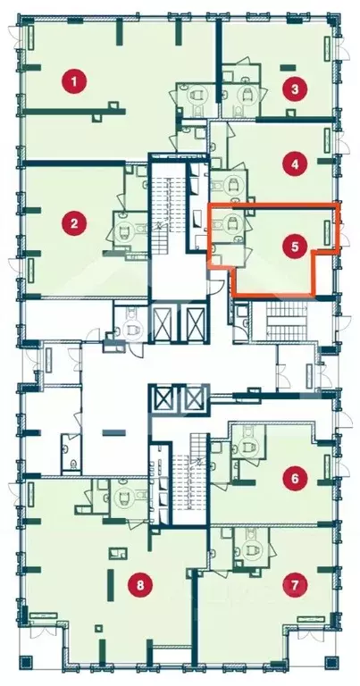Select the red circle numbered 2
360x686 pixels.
pyautogui.click(x=74, y=224)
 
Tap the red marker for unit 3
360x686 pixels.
pyautogui.click(x=295, y=89)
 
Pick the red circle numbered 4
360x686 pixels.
pyautogui.click(x=295, y=164)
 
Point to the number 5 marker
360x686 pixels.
pyautogui.click(x=295, y=247)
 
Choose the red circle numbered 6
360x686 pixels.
pyautogui.click(x=295, y=478)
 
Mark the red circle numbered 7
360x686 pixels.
pyautogui.click(x=295, y=584)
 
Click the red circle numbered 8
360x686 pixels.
pyautogui.click(x=140, y=584)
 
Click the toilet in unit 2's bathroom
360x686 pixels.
pyautogui.click(x=124, y=229)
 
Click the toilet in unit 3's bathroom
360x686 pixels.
pyautogui.click(x=248, y=94)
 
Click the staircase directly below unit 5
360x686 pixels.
pyautogui.click(x=284, y=322)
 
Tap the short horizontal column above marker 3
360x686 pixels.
pyautogui.click(x=288, y=67)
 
